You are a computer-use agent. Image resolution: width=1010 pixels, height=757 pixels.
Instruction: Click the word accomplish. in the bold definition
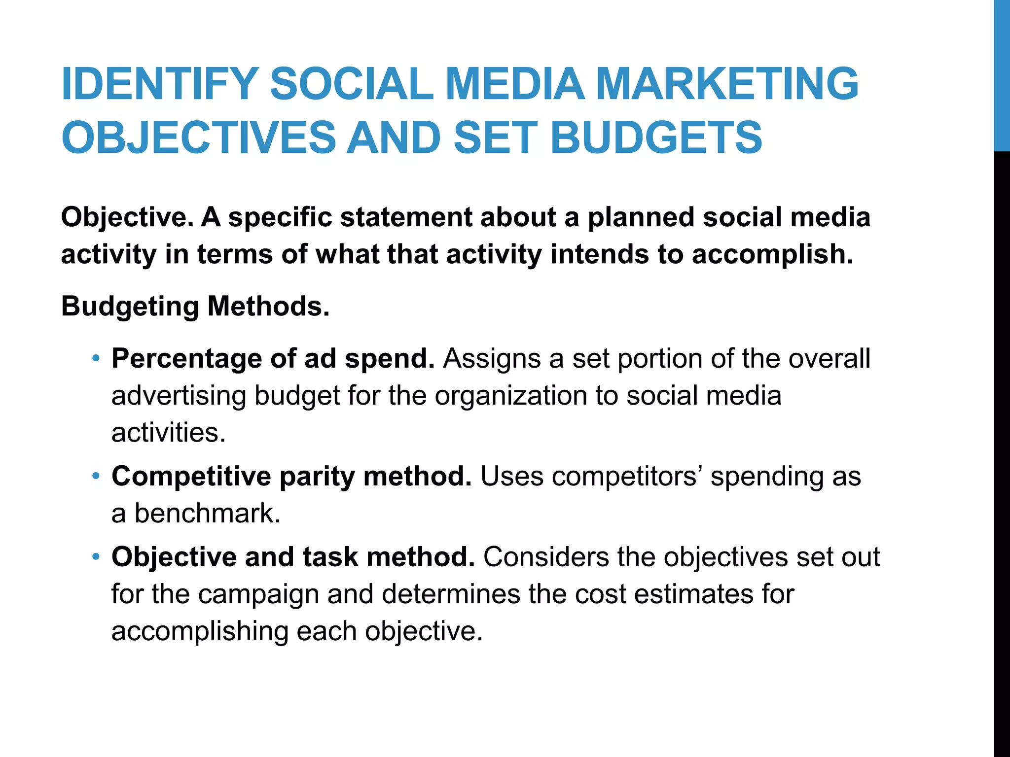point(772,254)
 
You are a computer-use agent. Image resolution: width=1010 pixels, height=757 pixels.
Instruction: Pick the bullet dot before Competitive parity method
point(96,476)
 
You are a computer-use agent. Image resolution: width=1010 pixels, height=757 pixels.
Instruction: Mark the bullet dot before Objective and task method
point(96,556)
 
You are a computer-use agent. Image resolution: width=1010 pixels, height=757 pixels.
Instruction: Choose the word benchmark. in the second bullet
point(207,514)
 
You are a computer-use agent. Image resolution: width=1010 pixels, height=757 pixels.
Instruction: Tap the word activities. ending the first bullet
point(168,433)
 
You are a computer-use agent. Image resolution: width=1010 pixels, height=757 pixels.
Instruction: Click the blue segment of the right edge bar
point(1002,74)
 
